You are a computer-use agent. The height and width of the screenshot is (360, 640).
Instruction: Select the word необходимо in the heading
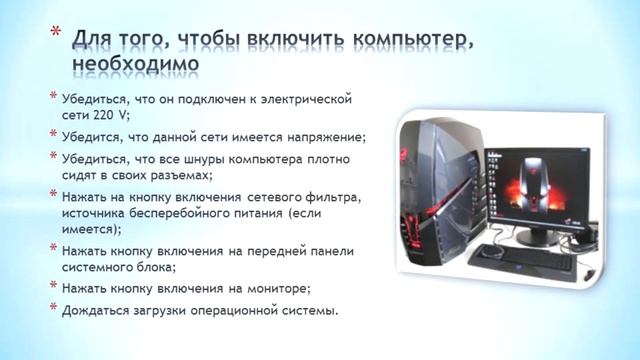pos(135,64)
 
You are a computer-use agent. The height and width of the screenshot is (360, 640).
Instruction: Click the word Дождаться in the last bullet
pos(97,309)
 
